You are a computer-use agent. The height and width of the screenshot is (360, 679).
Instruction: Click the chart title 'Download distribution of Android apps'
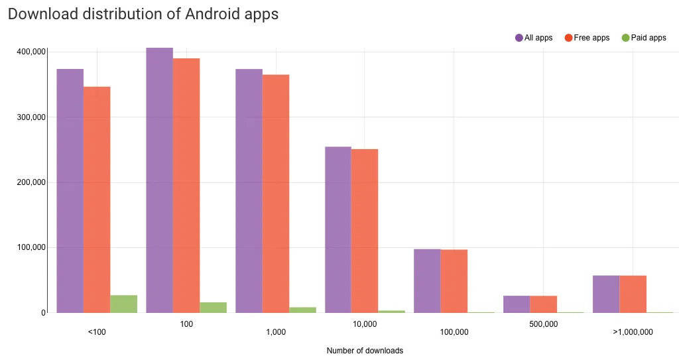point(143,14)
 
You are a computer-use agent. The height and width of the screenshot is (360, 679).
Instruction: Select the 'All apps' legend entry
point(534,38)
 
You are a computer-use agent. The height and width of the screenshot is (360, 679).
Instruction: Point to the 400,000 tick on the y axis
point(31,52)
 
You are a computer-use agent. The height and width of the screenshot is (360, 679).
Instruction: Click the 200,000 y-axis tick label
point(31,182)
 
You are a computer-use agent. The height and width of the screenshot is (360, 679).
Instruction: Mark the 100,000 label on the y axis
point(31,247)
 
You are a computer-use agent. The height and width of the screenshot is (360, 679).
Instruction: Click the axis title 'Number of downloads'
point(365,350)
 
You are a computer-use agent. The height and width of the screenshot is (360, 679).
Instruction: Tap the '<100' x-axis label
point(97,331)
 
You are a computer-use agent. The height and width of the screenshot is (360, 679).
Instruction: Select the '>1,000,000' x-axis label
point(633,331)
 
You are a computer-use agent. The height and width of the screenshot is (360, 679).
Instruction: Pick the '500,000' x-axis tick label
point(543,324)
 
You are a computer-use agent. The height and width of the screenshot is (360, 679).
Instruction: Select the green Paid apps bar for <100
point(123,304)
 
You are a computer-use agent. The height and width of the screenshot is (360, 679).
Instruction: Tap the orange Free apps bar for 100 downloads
point(186,186)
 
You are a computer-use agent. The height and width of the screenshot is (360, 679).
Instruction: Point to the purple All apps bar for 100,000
point(427,281)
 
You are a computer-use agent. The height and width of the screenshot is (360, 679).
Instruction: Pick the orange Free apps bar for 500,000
point(543,304)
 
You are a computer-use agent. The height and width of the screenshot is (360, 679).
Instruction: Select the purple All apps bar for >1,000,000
point(606,294)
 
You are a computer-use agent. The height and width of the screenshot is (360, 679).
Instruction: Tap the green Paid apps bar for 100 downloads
point(213,308)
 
